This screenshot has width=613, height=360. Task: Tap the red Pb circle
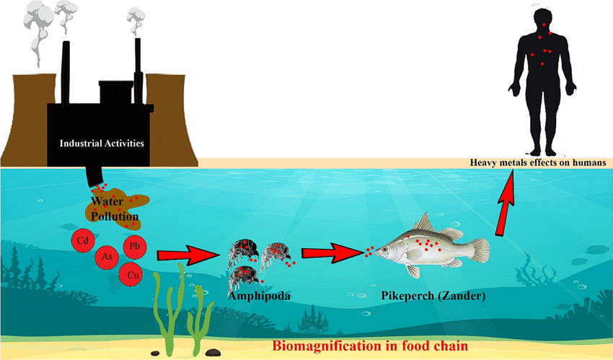(x=134, y=247)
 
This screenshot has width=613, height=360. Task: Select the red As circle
(x=107, y=258)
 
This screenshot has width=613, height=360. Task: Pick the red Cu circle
(x=131, y=274)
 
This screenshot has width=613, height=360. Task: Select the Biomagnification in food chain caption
(x=369, y=345)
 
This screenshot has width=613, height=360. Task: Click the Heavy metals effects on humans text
(x=537, y=163)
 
